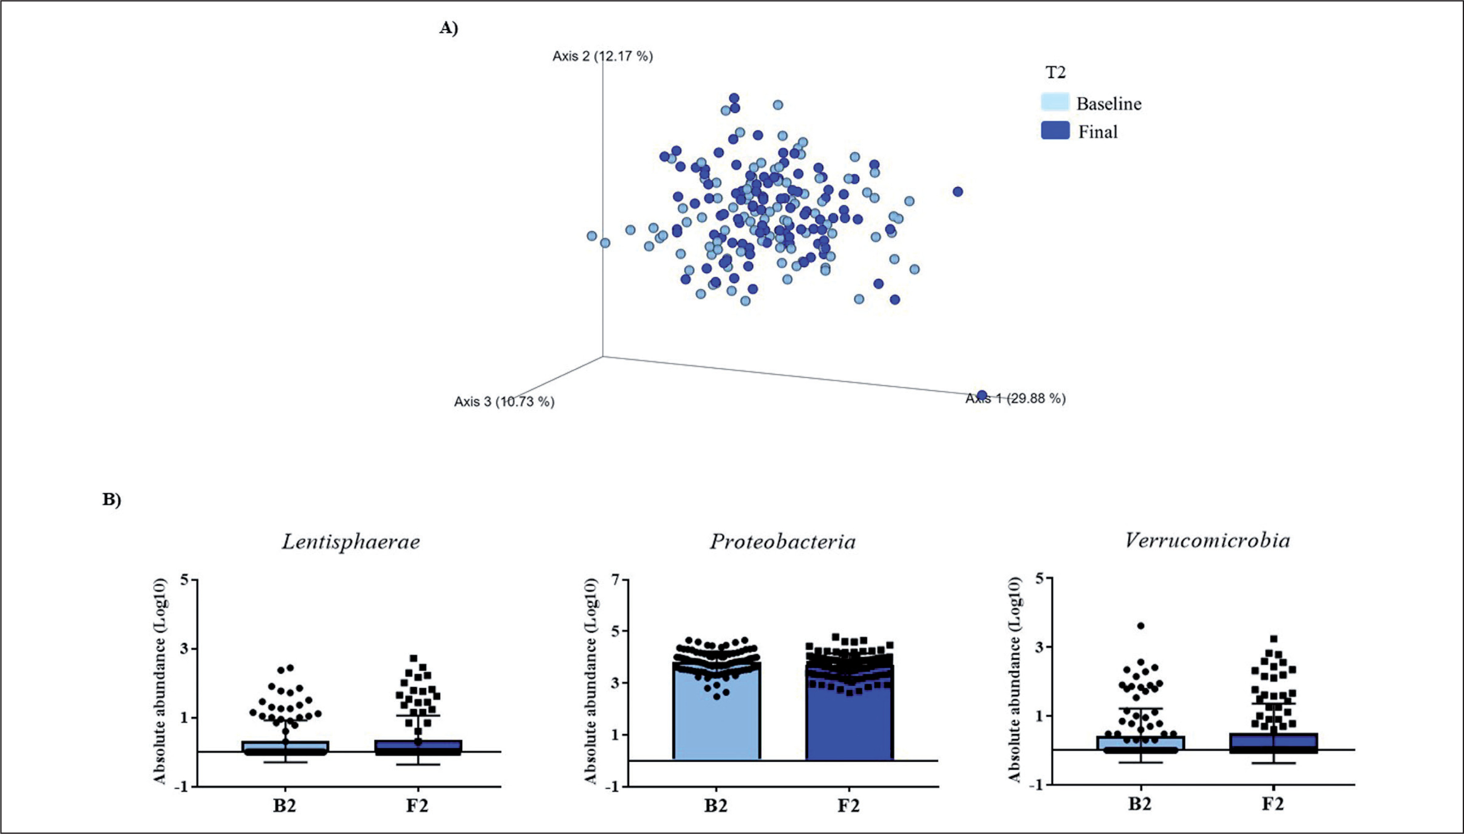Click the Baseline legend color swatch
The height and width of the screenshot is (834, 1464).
pyautogui.click(x=1055, y=102)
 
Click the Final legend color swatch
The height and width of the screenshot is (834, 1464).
pyautogui.click(x=1055, y=131)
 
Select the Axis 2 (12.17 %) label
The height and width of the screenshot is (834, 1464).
pyautogui.click(x=602, y=56)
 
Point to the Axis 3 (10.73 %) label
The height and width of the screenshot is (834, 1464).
pyautogui.click(x=504, y=401)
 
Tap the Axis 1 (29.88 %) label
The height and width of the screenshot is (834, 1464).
pyautogui.click(x=1016, y=399)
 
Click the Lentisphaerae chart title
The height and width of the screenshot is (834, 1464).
pyautogui.click(x=350, y=542)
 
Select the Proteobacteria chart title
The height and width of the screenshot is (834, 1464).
pyautogui.click(x=782, y=542)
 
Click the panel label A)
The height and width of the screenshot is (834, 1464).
pyautogui.click(x=448, y=28)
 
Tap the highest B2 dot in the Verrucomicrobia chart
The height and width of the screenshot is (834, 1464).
pyautogui.click(x=1141, y=626)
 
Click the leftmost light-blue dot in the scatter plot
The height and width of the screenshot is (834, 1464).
pyautogui.click(x=592, y=236)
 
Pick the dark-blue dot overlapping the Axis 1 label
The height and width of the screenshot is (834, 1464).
pyautogui.click(x=982, y=395)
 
